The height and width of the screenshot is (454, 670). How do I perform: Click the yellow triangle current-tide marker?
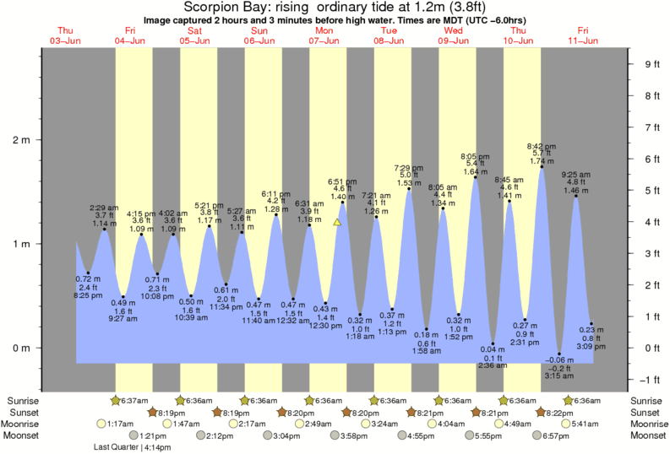click(x=337, y=223)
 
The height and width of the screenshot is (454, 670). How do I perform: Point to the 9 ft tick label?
click(x=651, y=64)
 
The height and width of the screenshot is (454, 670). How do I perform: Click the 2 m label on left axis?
click(x=19, y=140)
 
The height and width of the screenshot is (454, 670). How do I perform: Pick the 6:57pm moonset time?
click(x=555, y=436)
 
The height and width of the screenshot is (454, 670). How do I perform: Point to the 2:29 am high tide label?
click(x=104, y=208)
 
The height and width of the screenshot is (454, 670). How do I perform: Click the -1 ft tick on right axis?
click(x=651, y=379)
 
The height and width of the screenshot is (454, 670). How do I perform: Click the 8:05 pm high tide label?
click(x=476, y=156)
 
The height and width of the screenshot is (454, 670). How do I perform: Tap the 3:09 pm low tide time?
click(x=591, y=346)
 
